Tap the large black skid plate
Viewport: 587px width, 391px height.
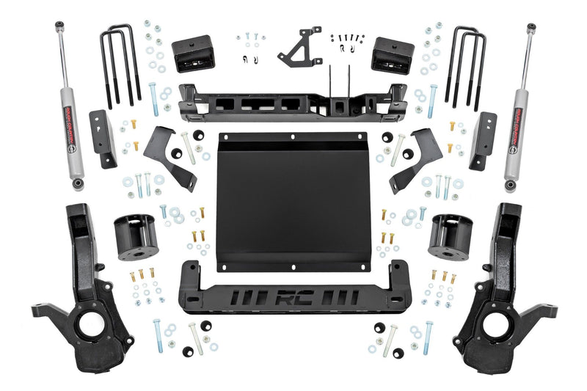[293, 198]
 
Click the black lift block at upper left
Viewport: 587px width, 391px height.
[192, 54]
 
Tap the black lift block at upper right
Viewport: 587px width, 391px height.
[392, 54]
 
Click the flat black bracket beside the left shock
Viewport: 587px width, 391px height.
[99, 139]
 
